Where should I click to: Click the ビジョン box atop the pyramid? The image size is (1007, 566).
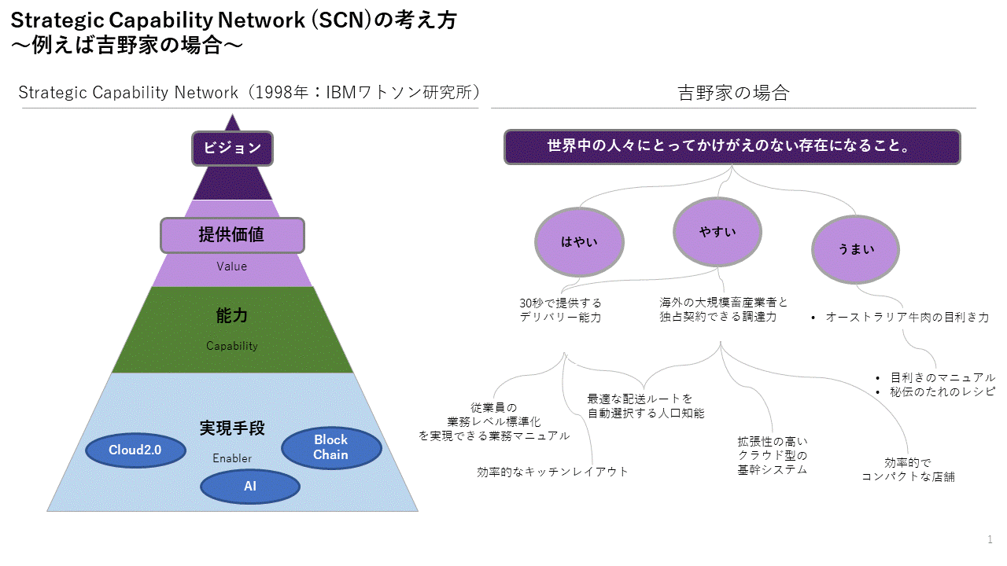pos(232,148)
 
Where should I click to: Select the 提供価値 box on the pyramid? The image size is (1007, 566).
pos(232,235)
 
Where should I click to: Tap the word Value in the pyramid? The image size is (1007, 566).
pos(232,266)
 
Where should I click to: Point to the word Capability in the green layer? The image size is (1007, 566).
pos(232,346)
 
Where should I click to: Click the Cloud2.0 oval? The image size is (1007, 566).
pos(135,450)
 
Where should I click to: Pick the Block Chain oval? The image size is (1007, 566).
pos(330,447)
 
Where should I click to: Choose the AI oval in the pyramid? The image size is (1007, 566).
pos(250,487)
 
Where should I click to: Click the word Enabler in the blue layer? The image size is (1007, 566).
pos(232,458)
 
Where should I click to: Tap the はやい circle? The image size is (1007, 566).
pos(579,242)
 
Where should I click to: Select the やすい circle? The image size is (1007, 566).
pos(717,232)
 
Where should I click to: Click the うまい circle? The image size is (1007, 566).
pos(856,249)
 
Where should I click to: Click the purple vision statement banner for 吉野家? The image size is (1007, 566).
pos(732,147)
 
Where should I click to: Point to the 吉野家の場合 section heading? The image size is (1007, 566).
pos(733,94)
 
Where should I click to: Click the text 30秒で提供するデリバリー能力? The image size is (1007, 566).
pos(560,310)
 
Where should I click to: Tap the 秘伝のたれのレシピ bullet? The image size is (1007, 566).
pos(942,391)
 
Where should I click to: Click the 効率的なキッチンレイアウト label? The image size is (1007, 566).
pos(552,472)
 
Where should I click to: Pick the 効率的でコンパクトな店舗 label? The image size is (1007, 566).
pos(908,470)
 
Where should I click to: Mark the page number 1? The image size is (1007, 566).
pos(990,539)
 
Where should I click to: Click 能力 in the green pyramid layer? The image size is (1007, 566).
pos(232,316)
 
